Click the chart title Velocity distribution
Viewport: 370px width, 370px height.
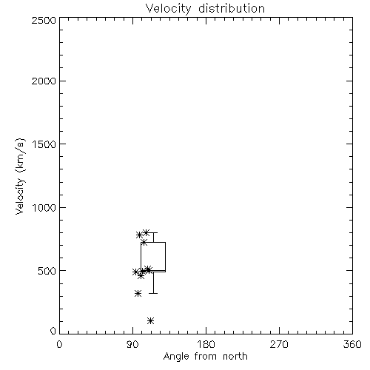pyautogui.click(x=205, y=8)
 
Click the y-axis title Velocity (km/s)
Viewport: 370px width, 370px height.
pyautogui.click(x=20, y=176)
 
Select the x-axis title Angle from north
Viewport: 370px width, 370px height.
pyautogui.click(x=205, y=357)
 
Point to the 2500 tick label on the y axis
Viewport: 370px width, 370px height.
pyautogui.click(x=44, y=20)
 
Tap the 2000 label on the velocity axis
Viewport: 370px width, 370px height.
pyautogui.click(x=44, y=81)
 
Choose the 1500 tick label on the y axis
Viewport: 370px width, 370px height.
pyautogui.click(x=44, y=144)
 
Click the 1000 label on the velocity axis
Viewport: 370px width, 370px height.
pyautogui.click(x=44, y=208)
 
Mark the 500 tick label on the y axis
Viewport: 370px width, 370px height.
pyautogui.click(x=47, y=271)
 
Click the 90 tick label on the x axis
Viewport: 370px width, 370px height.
pyautogui.click(x=132, y=344)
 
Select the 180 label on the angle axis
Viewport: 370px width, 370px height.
pyautogui.click(x=206, y=344)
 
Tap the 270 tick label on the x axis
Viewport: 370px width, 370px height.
pyautogui.click(x=279, y=344)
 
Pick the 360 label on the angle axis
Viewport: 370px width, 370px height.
pyautogui.click(x=352, y=344)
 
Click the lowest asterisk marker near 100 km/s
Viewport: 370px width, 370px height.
pyautogui.click(x=150, y=320)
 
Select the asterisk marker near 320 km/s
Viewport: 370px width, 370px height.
pyautogui.click(x=138, y=294)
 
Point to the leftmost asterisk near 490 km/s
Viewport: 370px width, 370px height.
pyautogui.click(x=135, y=272)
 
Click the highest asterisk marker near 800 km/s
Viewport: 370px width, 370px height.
pyautogui.click(x=147, y=232)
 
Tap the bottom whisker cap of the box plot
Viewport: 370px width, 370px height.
pyautogui.click(x=153, y=293)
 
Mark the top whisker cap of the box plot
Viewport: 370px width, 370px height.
pyautogui.click(x=153, y=232)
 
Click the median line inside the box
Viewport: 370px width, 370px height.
pyautogui.click(x=153, y=271)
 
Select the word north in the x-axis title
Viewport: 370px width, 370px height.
pyautogui.click(x=235, y=357)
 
